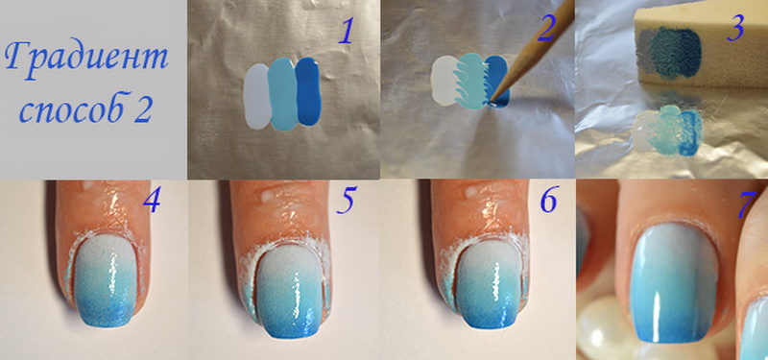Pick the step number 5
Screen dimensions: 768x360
point(346,202)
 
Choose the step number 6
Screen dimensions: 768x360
point(549,201)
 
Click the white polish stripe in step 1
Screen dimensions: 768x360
point(257,97)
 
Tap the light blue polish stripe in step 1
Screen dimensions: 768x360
point(282,94)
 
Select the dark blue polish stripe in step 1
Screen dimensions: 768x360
point(308,91)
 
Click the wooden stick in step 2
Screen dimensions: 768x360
point(533,49)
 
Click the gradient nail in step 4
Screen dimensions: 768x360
point(104,281)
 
